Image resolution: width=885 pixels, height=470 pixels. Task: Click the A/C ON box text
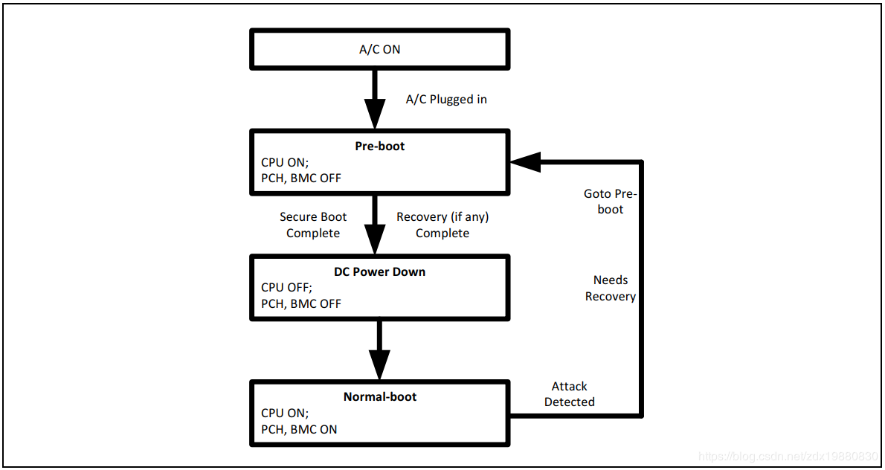(x=379, y=50)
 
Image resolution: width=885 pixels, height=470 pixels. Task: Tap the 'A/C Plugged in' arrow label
(x=446, y=99)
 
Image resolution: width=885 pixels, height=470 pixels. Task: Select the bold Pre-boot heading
(x=379, y=146)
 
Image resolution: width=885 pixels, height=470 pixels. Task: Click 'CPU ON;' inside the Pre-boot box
(x=284, y=162)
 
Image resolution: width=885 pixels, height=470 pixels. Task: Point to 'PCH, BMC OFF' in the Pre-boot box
(x=301, y=178)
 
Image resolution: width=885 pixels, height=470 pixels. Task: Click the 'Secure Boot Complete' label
(x=313, y=225)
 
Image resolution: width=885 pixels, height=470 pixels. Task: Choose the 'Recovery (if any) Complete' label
(x=442, y=225)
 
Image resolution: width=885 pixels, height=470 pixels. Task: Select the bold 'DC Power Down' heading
(x=379, y=271)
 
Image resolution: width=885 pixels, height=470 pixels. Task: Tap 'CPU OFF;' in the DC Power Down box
(x=286, y=287)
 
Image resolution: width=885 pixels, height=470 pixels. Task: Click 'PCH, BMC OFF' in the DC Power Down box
(x=301, y=303)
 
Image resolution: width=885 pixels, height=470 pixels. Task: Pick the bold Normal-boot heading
(x=379, y=396)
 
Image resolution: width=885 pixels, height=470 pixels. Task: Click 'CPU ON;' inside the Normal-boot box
(x=284, y=413)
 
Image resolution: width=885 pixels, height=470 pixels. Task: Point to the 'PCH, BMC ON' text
(x=299, y=429)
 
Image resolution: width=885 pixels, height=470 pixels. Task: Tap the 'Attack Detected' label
(x=570, y=394)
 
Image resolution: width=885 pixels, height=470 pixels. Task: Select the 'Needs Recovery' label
(x=611, y=288)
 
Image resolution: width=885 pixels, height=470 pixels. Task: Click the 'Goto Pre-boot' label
(x=611, y=202)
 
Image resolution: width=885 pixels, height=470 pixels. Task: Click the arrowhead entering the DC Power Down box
(x=376, y=240)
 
